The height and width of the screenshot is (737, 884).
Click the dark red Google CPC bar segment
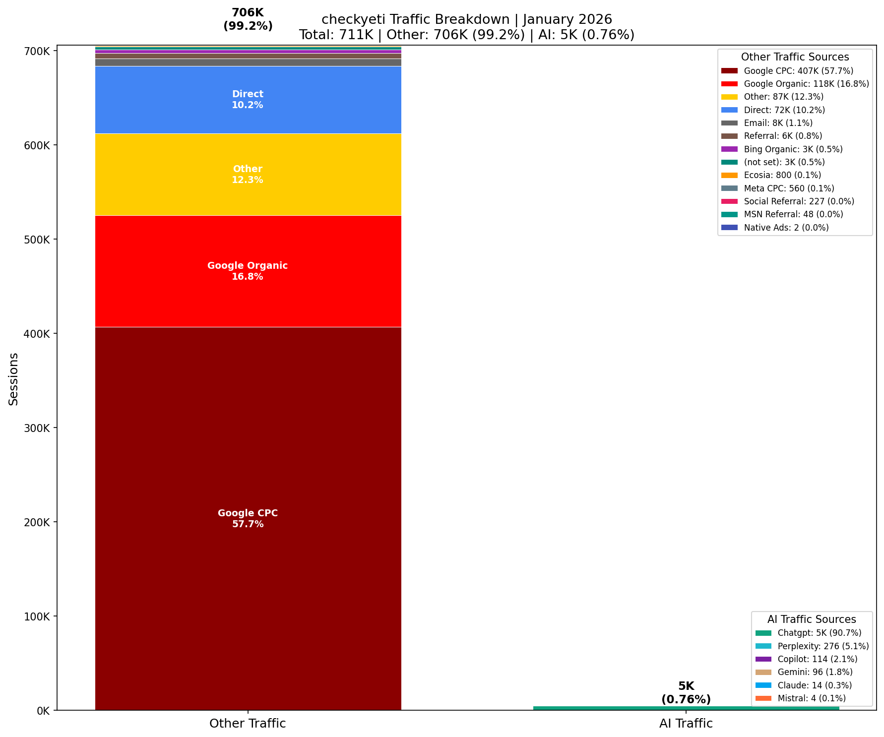(x=248, y=518)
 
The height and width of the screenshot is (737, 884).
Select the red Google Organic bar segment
(x=248, y=271)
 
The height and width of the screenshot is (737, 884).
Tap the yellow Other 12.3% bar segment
(x=248, y=174)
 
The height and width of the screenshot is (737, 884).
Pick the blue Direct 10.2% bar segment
(x=248, y=99)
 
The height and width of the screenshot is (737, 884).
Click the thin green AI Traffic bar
(x=686, y=708)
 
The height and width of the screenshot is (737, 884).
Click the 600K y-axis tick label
(x=37, y=145)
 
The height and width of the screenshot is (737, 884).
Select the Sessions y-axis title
(x=14, y=378)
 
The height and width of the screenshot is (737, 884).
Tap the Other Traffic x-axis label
(x=248, y=724)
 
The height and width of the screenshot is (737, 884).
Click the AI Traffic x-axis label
(x=686, y=724)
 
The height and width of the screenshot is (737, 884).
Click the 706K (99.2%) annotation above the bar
(x=248, y=20)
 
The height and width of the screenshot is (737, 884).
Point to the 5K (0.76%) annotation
(x=686, y=693)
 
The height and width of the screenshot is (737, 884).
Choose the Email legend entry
(x=778, y=123)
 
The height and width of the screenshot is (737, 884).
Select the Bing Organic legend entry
(x=793, y=149)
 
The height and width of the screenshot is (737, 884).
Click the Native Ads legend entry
(x=786, y=228)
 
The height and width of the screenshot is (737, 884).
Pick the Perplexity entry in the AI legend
(x=822, y=646)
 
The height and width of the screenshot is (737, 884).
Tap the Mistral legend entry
(x=811, y=698)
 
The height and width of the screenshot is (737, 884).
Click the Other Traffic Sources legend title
(x=795, y=57)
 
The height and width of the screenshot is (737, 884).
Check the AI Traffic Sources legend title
(x=812, y=619)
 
